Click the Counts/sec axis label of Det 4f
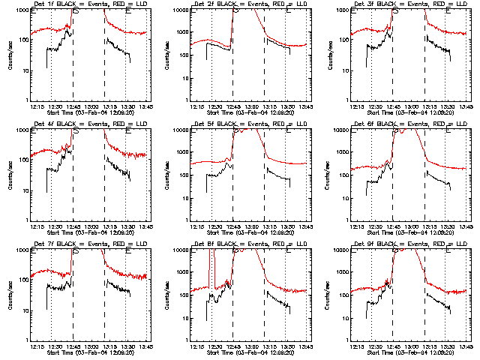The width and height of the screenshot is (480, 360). [x=10, y=175]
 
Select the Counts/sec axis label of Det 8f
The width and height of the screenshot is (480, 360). [x=170, y=295]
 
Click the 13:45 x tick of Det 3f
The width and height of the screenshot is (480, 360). [x=466, y=106]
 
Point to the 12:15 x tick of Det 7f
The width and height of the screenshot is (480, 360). [x=33, y=346]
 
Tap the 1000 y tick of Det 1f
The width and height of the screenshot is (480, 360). [x=20, y=10]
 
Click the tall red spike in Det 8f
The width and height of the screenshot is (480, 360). [x=214, y=255]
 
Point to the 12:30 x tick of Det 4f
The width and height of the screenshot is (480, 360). [x=52, y=226]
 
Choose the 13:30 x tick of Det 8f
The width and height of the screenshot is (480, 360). [x=286, y=346]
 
